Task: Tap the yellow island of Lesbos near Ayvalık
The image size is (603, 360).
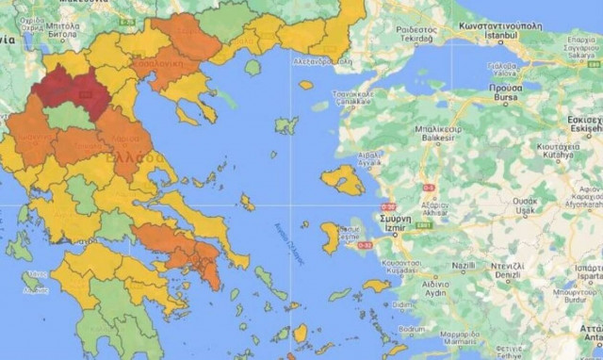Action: pyautogui.click(x=342, y=179)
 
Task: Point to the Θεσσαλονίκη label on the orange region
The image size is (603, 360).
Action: pyautogui.click(x=159, y=67)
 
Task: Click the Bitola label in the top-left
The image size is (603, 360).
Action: pyautogui.click(x=62, y=40)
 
